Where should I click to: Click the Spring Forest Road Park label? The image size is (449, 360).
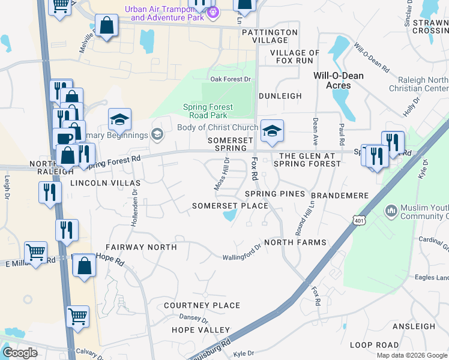point(208,111)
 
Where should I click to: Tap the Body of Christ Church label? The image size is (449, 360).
point(217,127)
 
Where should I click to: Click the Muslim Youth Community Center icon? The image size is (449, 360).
point(391,211)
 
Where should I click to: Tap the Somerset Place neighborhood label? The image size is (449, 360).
point(229,206)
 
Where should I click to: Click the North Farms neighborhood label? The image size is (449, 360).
point(295,242)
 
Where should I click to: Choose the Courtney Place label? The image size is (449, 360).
point(202,305)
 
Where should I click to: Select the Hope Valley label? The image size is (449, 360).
point(200,330)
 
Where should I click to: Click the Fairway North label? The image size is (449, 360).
point(141,247)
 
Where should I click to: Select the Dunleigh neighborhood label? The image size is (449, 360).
point(280,96)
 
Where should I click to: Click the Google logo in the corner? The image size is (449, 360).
point(20,353)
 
